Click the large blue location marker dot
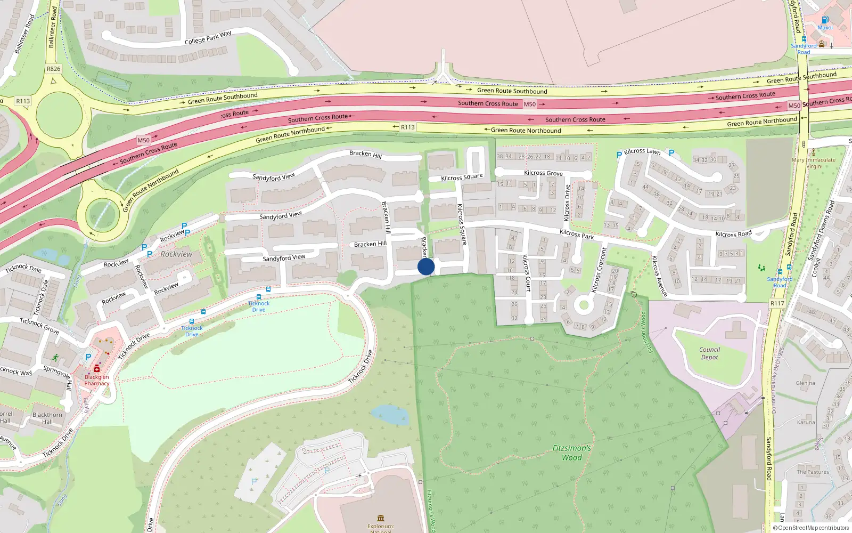click(426, 266)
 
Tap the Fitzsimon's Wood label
click(571, 453)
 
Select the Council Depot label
click(709, 353)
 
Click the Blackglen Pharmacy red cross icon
click(97, 368)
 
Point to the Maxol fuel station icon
click(825, 20)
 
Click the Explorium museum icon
click(381, 518)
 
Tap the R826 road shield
click(53, 69)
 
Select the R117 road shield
click(777, 303)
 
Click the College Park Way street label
click(208, 37)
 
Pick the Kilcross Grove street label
click(543, 173)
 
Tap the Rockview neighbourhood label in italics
click(176, 254)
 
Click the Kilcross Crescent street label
click(599, 270)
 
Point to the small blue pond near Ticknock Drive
click(389, 414)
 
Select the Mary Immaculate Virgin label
click(813, 163)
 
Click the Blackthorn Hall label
click(47, 418)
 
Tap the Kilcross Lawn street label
click(642, 151)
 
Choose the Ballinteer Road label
click(52, 28)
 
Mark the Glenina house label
click(805, 383)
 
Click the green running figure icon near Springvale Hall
click(55, 357)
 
